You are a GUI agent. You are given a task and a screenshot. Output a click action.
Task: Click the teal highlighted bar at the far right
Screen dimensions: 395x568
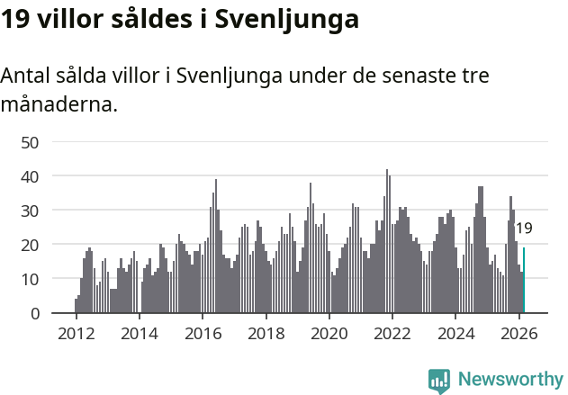tap(524, 281)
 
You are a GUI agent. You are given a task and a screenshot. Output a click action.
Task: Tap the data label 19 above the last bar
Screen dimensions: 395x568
tap(524, 229)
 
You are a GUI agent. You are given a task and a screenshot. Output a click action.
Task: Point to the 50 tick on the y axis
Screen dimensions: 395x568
tap(31, 142)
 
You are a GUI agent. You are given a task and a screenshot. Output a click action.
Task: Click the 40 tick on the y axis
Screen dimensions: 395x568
tap(31, 176)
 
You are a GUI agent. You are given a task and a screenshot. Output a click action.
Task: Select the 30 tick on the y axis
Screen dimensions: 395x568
tap(31, 211)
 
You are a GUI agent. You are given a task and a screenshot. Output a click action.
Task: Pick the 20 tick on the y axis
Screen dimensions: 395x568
tap(31, 245)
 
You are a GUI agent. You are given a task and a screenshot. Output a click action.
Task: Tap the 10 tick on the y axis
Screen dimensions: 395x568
tap(31, 279)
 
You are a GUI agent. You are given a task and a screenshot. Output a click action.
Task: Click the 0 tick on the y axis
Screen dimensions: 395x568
tap(35, 313)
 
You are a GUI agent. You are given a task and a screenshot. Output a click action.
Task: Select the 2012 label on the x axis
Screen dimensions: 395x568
tap(76, 334)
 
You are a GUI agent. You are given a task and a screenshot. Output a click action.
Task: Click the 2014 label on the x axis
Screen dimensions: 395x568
tap(139, 334)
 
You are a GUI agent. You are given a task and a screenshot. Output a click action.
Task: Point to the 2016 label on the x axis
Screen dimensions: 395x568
tap(203, 334)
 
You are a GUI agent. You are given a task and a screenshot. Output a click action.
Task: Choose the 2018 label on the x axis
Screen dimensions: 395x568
tap(266, 334)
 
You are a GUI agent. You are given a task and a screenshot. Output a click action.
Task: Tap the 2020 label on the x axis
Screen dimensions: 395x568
tap(329, 334)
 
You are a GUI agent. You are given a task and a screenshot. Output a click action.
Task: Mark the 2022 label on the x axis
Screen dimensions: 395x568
tap(392, 334)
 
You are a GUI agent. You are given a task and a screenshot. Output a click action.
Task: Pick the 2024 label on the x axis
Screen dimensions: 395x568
tap(455, 334)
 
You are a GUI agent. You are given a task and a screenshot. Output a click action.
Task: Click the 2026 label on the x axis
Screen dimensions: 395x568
tap(518, 334)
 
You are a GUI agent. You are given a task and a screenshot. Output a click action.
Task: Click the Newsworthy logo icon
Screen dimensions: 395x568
tap(439, 380)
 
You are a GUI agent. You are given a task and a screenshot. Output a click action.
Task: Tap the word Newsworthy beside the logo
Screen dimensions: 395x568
tap(509, 380)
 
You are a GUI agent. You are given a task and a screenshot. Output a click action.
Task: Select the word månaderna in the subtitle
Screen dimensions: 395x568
tap(59, 105)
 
